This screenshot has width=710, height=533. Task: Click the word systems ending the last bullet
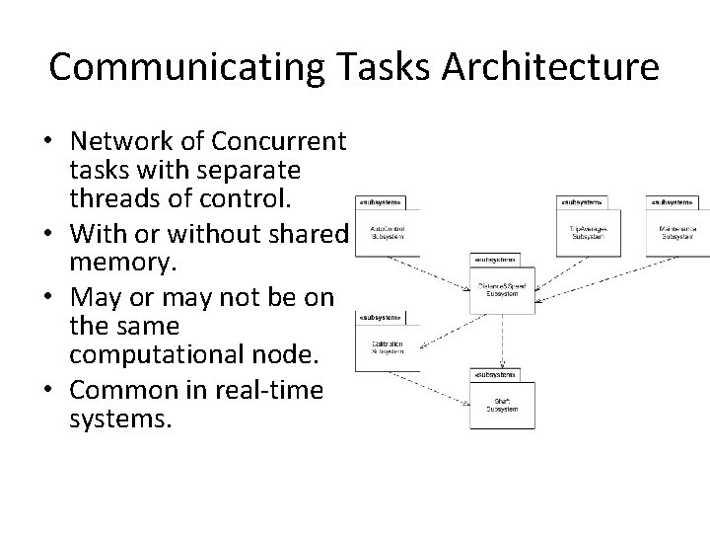click(120, 419)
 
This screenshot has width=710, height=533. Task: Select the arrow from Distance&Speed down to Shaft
click(504, 341)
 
